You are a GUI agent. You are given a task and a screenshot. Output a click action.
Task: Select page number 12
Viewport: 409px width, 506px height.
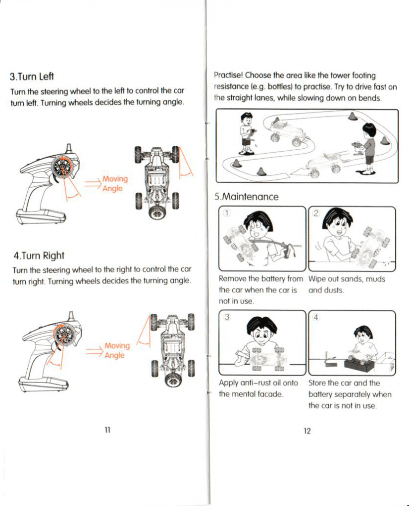click(x=307, y=431)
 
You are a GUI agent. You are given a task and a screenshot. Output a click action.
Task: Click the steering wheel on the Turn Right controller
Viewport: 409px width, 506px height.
click(x=64, y=335)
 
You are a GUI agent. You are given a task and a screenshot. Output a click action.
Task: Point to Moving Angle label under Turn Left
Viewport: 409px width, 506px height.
click(x=114, y=183)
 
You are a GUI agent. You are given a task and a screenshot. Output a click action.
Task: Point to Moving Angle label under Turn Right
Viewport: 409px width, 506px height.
click(x=117, y=350)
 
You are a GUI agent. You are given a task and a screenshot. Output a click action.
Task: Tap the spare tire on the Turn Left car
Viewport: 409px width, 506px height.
click(x=157, y=212)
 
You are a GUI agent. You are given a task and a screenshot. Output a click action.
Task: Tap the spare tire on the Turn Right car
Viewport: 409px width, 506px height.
click(x=173, y=379)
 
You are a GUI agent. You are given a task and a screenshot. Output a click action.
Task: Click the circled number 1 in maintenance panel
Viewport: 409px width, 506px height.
click(x=226, y=213)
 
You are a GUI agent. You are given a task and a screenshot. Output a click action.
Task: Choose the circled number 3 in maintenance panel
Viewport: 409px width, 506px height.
click(x=226, y=317)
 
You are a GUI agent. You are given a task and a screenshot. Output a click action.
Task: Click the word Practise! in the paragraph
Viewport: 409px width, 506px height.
click(x=228, y=76)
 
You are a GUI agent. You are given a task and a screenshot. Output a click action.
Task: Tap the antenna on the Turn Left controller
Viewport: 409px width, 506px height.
click(x=69, y=148)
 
